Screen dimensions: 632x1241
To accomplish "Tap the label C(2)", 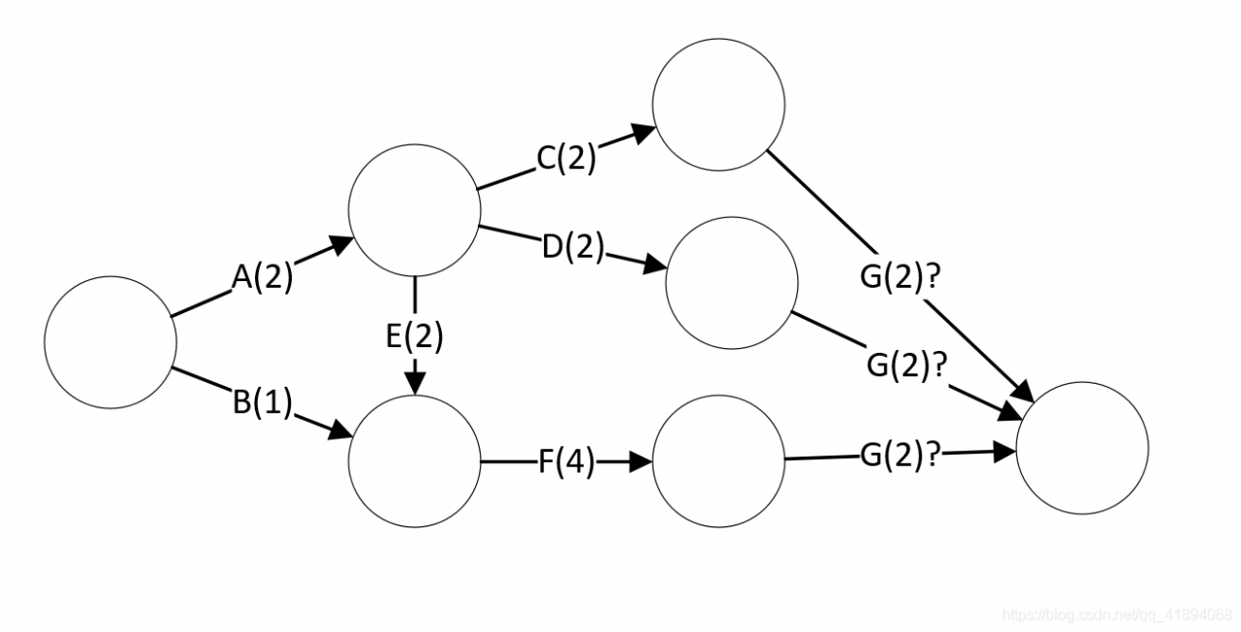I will [x=567, y=158].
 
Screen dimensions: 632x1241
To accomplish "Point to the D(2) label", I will [x=572, y=248].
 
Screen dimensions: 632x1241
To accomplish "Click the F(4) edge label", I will [x=566, y=462].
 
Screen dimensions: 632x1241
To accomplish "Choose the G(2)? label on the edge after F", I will [x=901, y=455].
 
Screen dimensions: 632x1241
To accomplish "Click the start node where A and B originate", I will [x=111, y=341].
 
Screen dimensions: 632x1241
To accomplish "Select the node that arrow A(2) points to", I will [x=415, y=211].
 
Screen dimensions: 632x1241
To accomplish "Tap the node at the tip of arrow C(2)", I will [x=718, y=105].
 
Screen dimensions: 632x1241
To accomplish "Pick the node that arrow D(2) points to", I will [x=732, y=282].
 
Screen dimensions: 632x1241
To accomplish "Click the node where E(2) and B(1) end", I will [x=415, y=462].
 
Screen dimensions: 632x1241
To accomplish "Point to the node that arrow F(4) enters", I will [x=718, y=461].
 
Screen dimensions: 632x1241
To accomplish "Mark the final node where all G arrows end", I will [x=1082, y=448].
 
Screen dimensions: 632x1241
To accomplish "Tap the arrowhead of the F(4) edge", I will [x=641, y=462].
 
